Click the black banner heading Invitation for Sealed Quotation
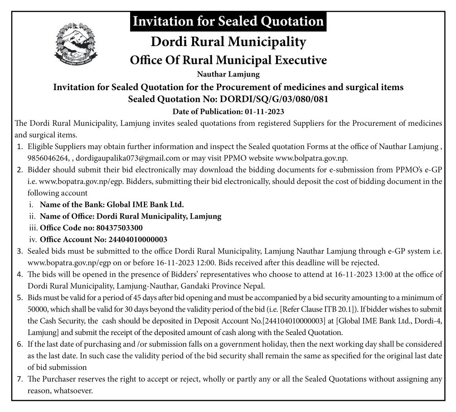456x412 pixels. point(228,21)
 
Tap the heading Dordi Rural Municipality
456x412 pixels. point(228,42)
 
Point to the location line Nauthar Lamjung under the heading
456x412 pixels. point(228,74)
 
